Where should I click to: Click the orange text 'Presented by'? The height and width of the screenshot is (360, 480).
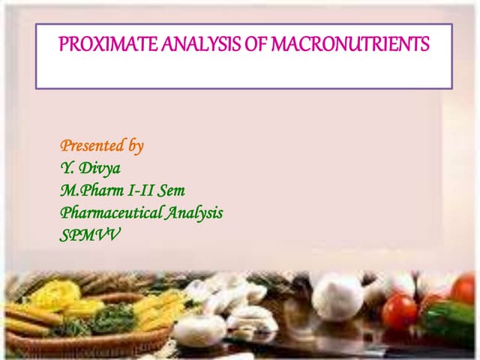click(101, 145)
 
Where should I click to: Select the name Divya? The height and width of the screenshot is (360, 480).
click(100, 168)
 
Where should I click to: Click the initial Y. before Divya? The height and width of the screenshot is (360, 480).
click(67, 168)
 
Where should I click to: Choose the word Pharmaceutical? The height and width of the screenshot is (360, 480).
click(109, 213)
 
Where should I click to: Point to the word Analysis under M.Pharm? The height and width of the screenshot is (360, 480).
click(192, 213)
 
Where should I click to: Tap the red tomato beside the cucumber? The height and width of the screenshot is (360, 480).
click(399, 311)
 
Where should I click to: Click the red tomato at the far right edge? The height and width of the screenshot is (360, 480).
click(464, 289)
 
